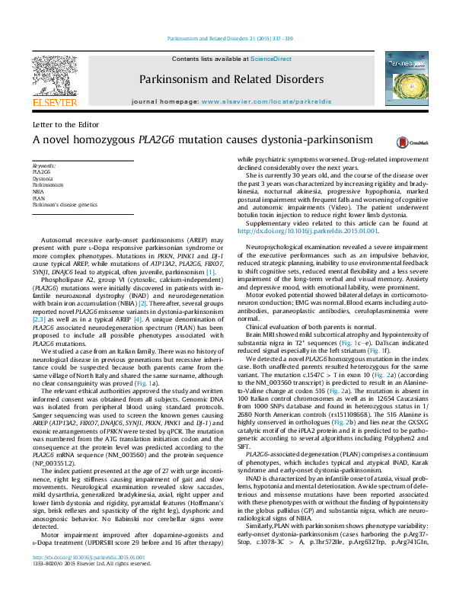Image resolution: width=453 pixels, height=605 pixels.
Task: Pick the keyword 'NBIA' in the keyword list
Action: (x=39, y=191)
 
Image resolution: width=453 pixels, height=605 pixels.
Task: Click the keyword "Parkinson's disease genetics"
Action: (x=65, y=205)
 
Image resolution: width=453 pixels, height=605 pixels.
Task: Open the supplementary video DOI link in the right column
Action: (x=308, y=231)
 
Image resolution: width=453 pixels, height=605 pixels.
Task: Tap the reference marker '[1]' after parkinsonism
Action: (x=211, y=272)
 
